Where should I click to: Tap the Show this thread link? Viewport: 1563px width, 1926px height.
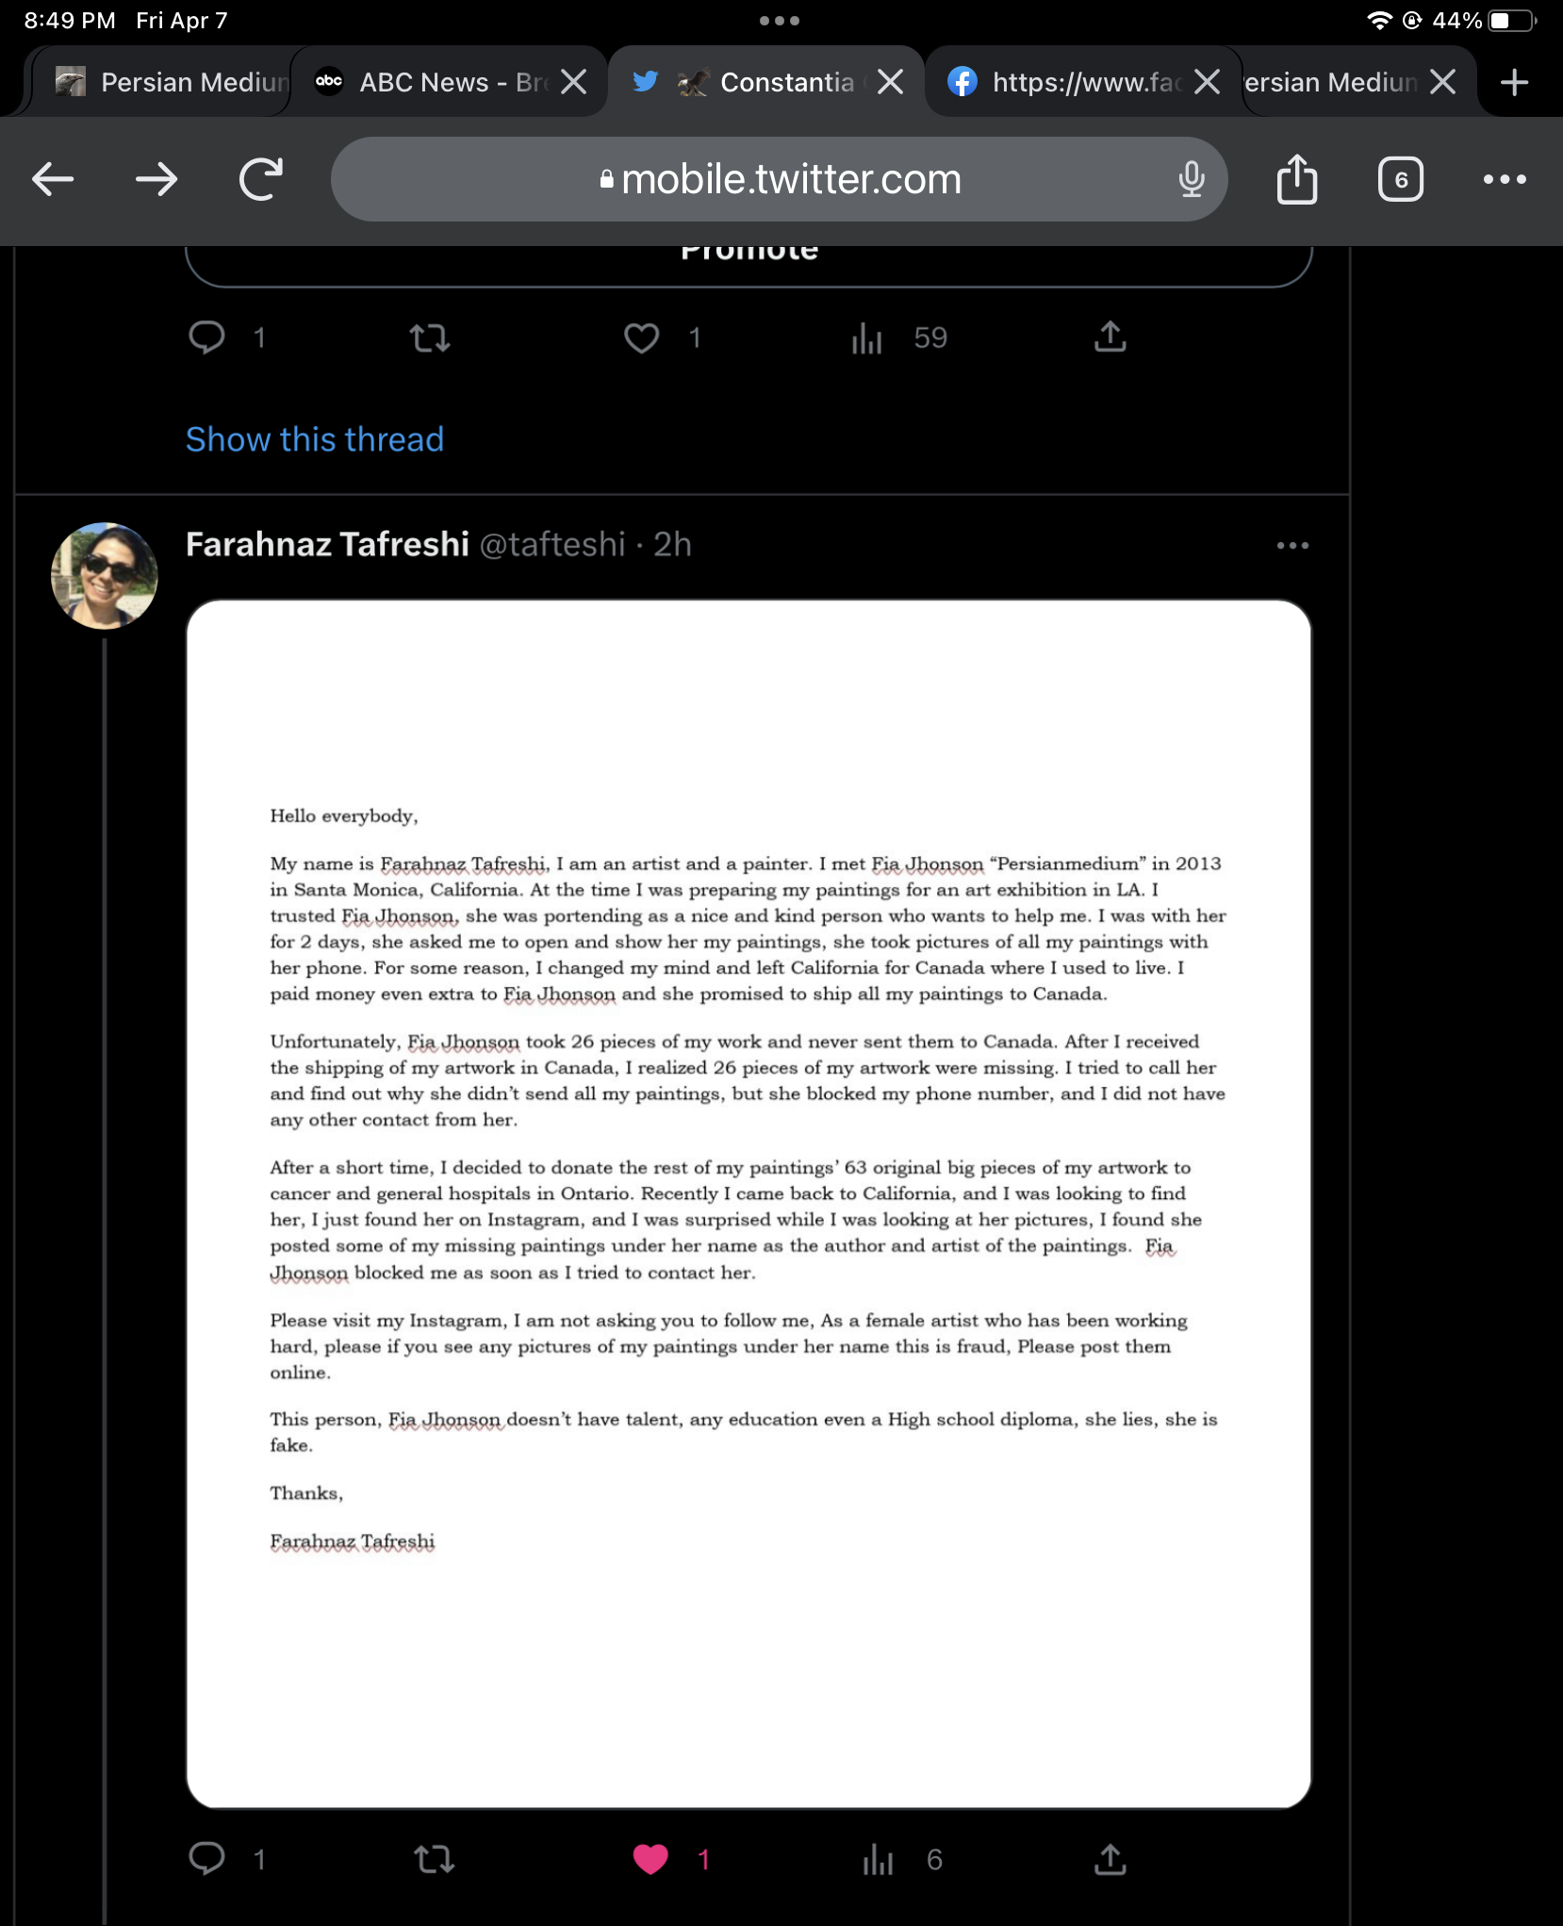click(x=314, y=439)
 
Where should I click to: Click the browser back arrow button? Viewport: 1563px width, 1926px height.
click(x=53, y=179)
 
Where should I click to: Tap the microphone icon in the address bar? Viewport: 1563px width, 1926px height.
click(x=1192, y=179)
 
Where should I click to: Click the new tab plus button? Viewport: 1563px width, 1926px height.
click(x=1514, y=83)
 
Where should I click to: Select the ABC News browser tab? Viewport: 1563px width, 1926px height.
click(x=438, y=83)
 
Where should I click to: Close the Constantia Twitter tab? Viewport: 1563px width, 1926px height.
click(x=890, y=83)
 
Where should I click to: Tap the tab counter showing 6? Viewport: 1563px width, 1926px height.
click(x=1401, y=179)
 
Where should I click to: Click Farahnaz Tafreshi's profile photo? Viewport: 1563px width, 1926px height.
click(x=104, y=576)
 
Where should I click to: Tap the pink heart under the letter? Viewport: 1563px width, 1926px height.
click(x=650, y=1859)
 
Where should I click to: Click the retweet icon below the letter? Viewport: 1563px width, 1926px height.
click(x=434, y=1859)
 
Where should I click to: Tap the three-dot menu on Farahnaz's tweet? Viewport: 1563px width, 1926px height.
click(x=1292, y=545)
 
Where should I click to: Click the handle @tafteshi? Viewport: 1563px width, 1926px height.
click(x=552, y=545)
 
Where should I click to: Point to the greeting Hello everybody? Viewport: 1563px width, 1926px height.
click(x=343, y=816)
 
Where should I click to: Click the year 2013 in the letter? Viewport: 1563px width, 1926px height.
click(x=1197, y=864)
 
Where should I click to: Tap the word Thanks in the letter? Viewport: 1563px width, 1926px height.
click(x=305, y=1493)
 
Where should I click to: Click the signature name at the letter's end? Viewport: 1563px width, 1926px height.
click(x=353, y=1541)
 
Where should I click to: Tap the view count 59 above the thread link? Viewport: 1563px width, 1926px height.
click(x=930, y=337)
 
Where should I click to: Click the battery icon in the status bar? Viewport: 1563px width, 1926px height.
click(x=1511, y=21)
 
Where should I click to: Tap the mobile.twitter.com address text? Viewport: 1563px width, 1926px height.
click(x=791, y=179)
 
